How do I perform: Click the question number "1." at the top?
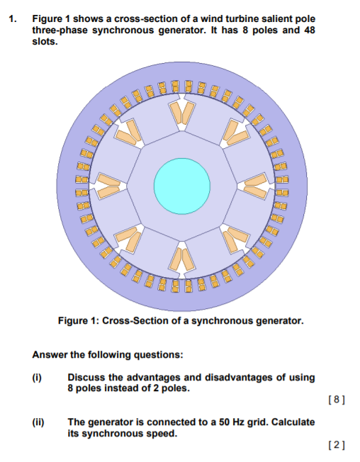(13, 18)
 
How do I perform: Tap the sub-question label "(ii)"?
(40, 422)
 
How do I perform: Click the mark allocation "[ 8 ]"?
(337, 400)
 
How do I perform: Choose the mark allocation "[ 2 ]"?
(337, 445)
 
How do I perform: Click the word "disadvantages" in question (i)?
(220, 377)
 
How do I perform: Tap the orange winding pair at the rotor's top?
(182, 113)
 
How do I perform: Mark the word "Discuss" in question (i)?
(86, 377)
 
